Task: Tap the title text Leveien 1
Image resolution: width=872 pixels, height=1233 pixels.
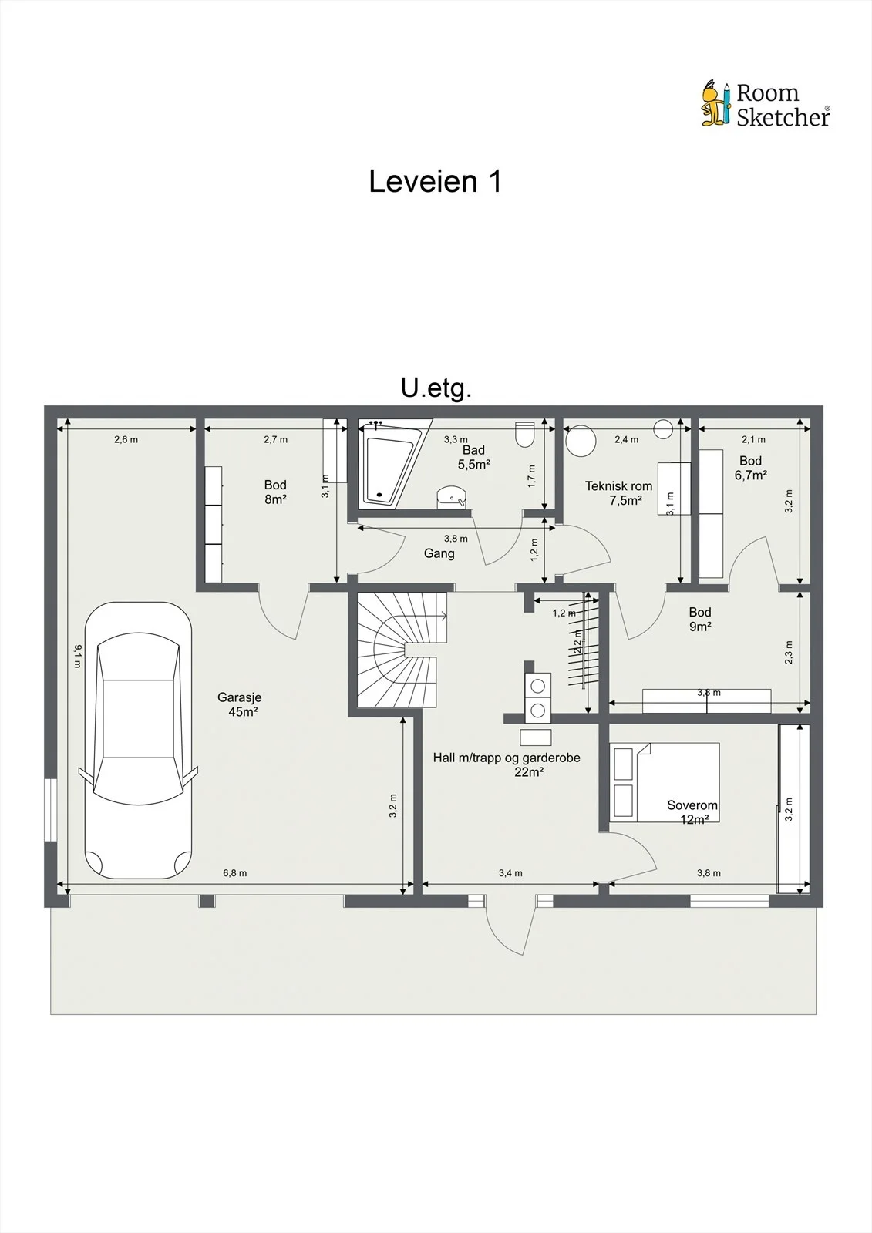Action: (435, 181)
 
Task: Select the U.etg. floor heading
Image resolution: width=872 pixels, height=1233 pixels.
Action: (436, 388)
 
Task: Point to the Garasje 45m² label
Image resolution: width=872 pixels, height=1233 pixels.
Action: (240, 704)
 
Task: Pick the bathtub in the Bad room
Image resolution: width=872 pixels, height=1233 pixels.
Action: (390, 465)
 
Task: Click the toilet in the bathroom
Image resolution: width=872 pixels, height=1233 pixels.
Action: (524, 435)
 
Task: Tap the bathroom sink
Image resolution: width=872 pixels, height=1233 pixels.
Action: (452, 497)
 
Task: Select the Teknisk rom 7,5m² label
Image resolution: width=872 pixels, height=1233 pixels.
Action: (618, 493)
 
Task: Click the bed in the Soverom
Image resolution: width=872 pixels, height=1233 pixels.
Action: (665, 783)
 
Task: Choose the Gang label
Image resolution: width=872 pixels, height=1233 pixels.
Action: (439, 553)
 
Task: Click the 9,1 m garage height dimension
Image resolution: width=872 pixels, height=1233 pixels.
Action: (78, 656)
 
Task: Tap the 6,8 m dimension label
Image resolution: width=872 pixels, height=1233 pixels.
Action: (234, 872)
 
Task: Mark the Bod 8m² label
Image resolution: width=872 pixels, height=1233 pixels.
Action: (275, 492)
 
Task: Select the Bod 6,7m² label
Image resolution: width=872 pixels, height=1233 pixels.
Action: (751, 468)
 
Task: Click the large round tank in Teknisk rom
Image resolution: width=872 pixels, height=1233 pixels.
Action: (581, 441)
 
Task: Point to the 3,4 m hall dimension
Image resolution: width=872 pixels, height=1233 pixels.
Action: (510, 872)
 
